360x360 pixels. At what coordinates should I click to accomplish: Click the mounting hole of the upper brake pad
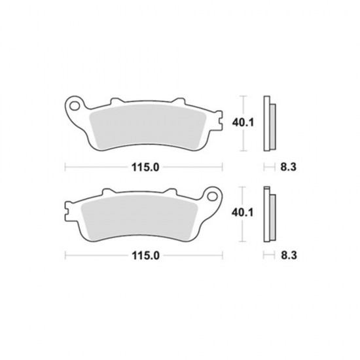pyautogui.click(x=75, y=106)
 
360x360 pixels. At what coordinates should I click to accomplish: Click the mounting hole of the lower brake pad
pyautogui.click(x=212, y=197)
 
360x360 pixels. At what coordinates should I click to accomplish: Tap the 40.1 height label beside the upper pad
pyautogui.click(x=243, y=122)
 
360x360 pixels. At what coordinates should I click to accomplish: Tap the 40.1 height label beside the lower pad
pyautogui.click(x=242, y=213)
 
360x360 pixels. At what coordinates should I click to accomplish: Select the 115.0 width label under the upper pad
pyautogui.click(x=145, y=167)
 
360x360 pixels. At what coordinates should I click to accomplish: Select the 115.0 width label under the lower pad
pyautogui.click(x=145, y=255)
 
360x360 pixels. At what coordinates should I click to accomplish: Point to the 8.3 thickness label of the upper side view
pyautogui.click(x=289, y=167)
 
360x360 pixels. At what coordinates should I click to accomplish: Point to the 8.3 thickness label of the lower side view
pyautogui.click(x=289, y=255)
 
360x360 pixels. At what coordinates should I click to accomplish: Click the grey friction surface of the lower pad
pyautogui.click(x=139, y=218)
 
